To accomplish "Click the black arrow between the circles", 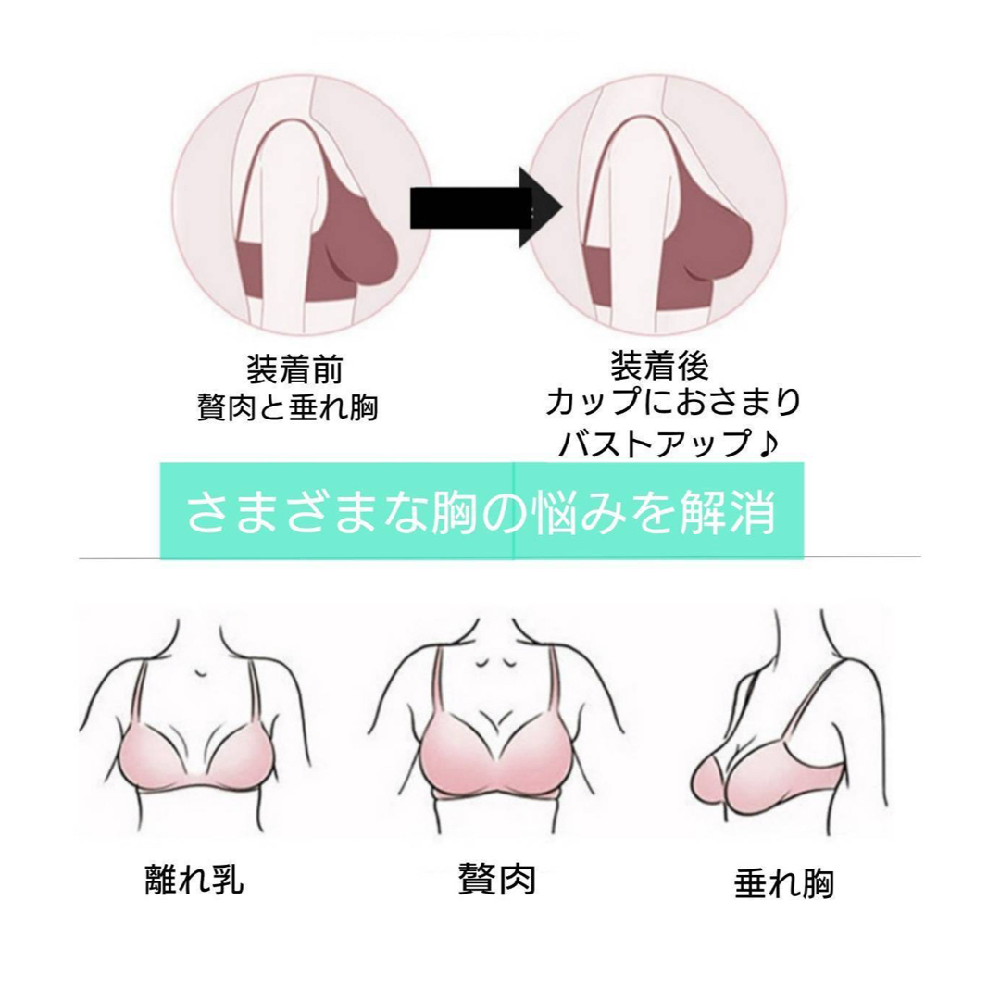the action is point(485,207).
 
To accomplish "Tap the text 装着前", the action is point(294,369).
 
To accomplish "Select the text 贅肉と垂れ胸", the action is point(288,407).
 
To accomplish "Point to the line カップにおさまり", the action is point(673,403).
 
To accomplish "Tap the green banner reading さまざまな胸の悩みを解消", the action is point(481,511).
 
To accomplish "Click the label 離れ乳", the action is point(194,880).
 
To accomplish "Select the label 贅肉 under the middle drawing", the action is point(497,880).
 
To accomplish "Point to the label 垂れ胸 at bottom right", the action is point(784,884).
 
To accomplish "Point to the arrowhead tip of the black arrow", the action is point(562,207).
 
